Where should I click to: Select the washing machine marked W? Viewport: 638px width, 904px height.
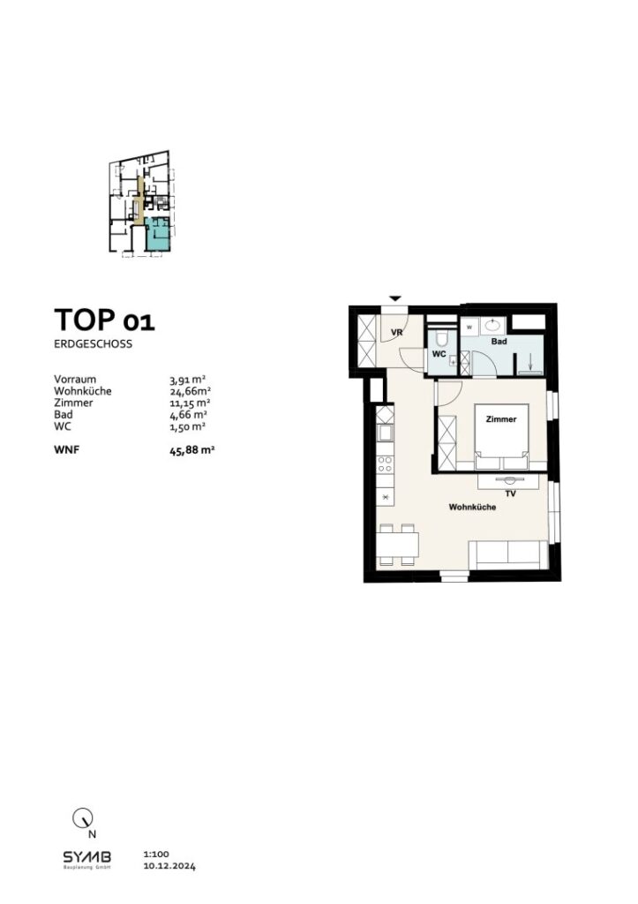(x=469, y=325)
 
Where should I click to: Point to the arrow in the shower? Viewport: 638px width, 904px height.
(x=529, y=361)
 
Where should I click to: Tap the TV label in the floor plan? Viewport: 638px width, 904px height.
(x=510, y=494)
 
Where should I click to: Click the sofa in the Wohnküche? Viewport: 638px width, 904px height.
(x=506, y=554)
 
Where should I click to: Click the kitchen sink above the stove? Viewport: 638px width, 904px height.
(x=386, y=433)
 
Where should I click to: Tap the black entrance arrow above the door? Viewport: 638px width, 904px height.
(x=396, y=299)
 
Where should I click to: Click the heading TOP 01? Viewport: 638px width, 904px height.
(x=104, y=320)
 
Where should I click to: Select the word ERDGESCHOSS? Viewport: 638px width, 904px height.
(x=93, y=344)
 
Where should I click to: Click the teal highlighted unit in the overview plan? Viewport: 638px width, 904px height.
(x=158, y=234)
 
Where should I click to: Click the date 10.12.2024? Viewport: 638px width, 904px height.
(x=169, y=867)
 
